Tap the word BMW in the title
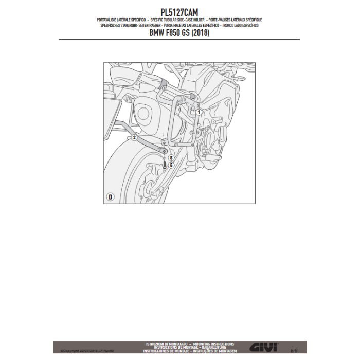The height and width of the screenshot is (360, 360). pyautogui.click(x=157, y=33)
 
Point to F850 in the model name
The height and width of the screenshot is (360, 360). pyautogui.click(x=175, y=33)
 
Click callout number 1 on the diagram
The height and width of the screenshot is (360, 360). pyautogui.click(x=199, y=111)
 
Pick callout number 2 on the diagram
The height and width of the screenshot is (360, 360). pyautogui.click(x=134, y=137)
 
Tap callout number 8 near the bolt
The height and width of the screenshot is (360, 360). pyautogui.click(x=170, y=158)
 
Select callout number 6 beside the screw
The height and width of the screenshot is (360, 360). pyautogui.click(x=170, y=165)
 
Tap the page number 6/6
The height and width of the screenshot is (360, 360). pyautogui.click(x=293, y=349)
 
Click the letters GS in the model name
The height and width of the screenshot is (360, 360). pyautogui.click(x=187, y=33)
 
